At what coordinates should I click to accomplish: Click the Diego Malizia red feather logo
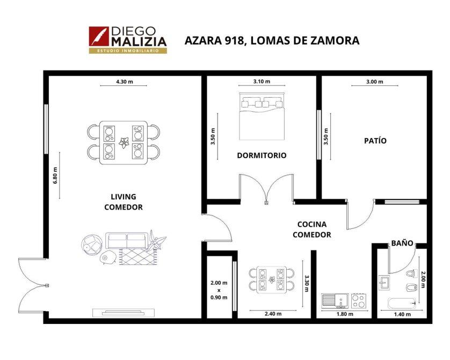pyautogui.click(x=99, y=36)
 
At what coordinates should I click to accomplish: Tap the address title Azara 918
pyautogui.click(x=272, y=40)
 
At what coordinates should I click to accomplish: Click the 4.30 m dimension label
pyautogui.click(x=125, y=82)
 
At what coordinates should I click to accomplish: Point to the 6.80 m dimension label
pyautogui.click(x=55, y=175)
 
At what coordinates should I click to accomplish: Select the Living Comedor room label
pyautogui.click(x=124, y=202)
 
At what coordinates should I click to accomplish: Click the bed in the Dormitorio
pyautogui.click(x=262, y=116)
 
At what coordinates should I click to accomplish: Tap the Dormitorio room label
pyautogui.click(x=262, y=155)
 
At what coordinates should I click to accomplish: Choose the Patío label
pyautogui.click(x=375, y=140)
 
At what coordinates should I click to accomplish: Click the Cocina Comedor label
pyautogui.click(x=312, y=229)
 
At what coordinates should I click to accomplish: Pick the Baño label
pyautogui.click(x=402, y=243)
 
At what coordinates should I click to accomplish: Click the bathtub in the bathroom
pyautogui.click(x=402, y=304)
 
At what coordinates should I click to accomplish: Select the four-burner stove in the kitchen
pyautogui.click(x=359, y=301)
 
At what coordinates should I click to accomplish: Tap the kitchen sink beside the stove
pyautogui.click(x=335, y=301)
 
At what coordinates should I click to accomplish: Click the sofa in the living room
pyautogui.click(x=127, y=241)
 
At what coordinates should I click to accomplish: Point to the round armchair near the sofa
pyautogui.click(x=91, y=245)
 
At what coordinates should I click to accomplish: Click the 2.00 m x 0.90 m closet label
pyautogui.click(x=219, y=290)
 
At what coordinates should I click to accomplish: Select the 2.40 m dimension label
pyautogui.click(x=273, y=314)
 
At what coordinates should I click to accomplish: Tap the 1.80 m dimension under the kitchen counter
pyautogui.click(x=345, y=314)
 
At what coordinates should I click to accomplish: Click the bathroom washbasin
pyautogui.click(x=384, y=283)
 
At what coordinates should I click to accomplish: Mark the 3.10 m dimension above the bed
pyautogui.click(x=262, y=81)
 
